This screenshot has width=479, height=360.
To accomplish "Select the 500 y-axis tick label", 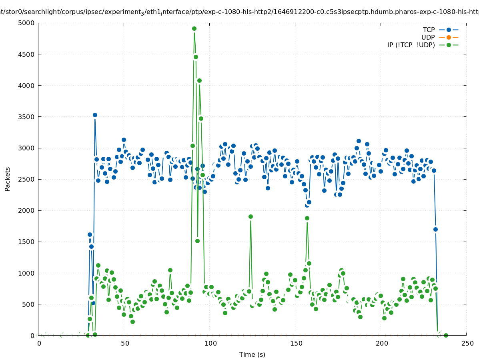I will pyautogui.click(x=29, y=304).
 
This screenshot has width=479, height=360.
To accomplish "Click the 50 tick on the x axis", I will pyautogui.click(x=125, y=344).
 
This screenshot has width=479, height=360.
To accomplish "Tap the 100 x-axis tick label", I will pyautogui.click(x=210, y=344).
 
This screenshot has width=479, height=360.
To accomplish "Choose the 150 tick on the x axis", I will pyautogui.click(x=296, y=344).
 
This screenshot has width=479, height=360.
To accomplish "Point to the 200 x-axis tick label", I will pyautogui.click(x=381, y=344).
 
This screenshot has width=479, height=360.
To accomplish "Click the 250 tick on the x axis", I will pyautogui.click(x=467, y=344).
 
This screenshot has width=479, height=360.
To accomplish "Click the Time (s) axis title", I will pyautogui.click(x=252, y=355).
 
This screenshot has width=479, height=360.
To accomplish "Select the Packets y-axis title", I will pyautogui.click(x=8, y=179).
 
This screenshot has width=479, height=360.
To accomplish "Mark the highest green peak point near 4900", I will pyautogui.click(x=194, y=28).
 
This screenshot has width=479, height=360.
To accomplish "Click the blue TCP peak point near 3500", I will pyautogui.click(x=95, y=115).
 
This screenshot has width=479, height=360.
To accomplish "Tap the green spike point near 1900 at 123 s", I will pyautogui.click(x=251, y=216).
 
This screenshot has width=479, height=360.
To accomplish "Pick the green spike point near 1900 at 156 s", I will pyautogui.click(x=307, y=218).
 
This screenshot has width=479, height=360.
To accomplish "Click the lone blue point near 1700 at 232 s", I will pyautogui.click(x=435, y=229).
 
